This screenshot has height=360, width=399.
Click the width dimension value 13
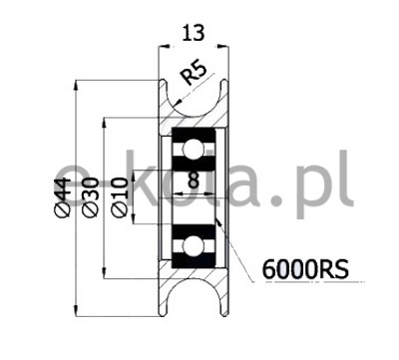(194, 33)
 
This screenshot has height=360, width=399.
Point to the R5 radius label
(194, 74)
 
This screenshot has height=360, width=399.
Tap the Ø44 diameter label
(62, 197)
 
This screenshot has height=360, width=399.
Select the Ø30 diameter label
(90, 197)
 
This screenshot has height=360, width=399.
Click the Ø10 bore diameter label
(120, 197)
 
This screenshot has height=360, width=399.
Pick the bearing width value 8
(194, 180)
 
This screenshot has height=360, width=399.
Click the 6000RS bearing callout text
(305, 269)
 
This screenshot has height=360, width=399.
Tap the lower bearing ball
(194, 246)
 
